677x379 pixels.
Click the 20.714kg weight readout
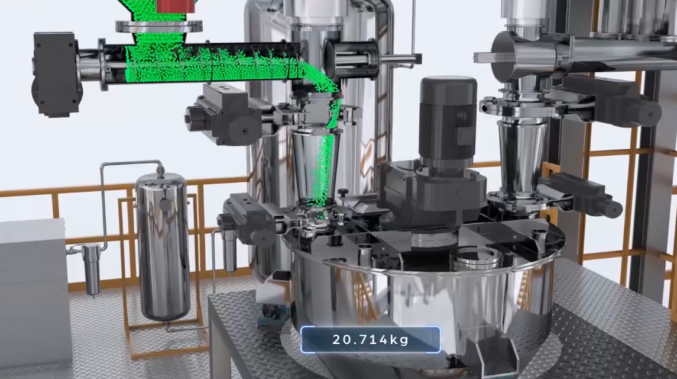371,340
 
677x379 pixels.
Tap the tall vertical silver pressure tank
163,246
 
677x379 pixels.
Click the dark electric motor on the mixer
448,122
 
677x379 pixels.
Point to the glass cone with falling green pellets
315,165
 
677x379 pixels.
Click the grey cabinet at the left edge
34,294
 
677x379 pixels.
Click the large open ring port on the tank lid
476,258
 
